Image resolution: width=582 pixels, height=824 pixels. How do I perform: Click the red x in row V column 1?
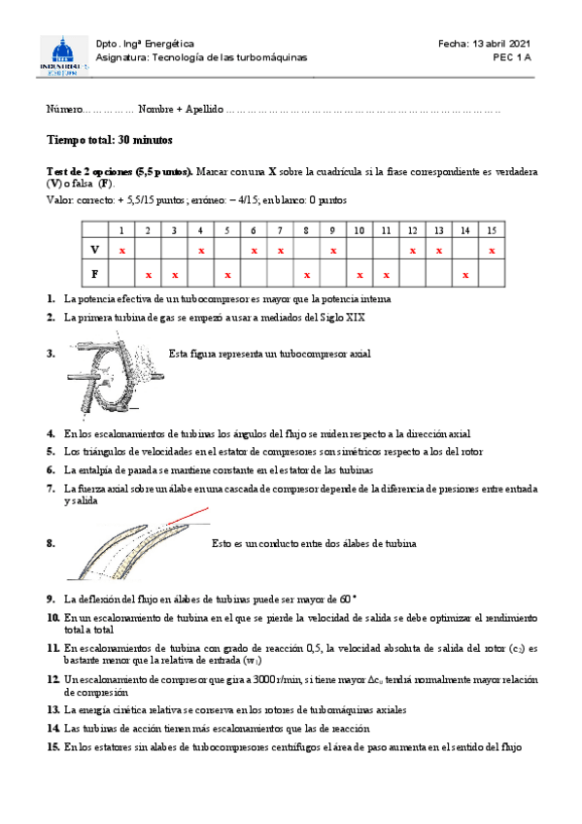(122, 251)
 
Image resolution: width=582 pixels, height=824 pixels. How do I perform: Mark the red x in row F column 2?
(148, 275)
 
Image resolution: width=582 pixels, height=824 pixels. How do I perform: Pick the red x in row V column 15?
(493, 251)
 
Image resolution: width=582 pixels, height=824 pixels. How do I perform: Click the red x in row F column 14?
(466, 275)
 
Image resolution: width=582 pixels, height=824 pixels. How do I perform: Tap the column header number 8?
(306, 230)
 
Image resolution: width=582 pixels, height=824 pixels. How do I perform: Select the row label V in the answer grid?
(94, 251)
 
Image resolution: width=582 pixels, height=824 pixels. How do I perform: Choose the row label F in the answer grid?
(94, 275)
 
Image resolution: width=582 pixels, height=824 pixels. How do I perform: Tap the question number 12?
(53, 677)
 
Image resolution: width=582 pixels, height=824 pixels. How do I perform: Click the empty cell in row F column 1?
(122, 275)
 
